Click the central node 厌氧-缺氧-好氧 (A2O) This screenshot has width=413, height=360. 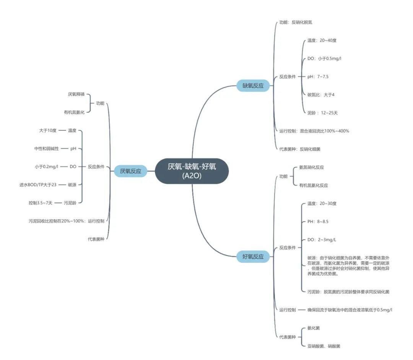pos(192,171)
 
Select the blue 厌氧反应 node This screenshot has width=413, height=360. pos(130,171)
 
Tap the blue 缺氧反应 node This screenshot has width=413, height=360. pos(253,86)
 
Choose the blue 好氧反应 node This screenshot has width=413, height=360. pos(253,256)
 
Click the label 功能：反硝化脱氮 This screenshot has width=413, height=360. pos(296,23)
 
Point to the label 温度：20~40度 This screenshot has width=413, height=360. pos(322,41)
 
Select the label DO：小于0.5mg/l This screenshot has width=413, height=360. pos(324,59)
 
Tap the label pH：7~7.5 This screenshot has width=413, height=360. pos(318,77)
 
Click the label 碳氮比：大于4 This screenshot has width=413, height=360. pos(321,95)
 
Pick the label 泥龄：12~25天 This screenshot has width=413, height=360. pos(322,113)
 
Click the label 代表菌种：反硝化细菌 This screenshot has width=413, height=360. pos(300,149)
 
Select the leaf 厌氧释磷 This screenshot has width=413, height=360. pos(76,94)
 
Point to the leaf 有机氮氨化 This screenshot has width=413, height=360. pos(74,112)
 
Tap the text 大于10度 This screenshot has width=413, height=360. pos(48,131)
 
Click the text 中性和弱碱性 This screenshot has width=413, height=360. pos(46,149)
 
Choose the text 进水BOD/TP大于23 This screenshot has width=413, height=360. pos(38,185)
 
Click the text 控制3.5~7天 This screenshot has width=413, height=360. pos(41,203)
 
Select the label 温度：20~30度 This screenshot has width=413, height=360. pos(322,203)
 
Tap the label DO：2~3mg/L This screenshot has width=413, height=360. pos(322,240)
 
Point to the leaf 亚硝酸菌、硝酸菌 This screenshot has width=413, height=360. pos(324,346)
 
